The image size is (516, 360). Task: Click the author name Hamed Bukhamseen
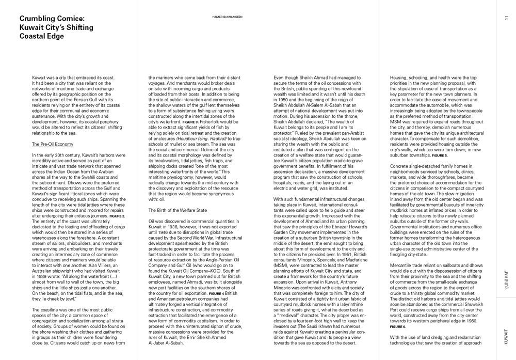pyautogui.click(x=228, y=17)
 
